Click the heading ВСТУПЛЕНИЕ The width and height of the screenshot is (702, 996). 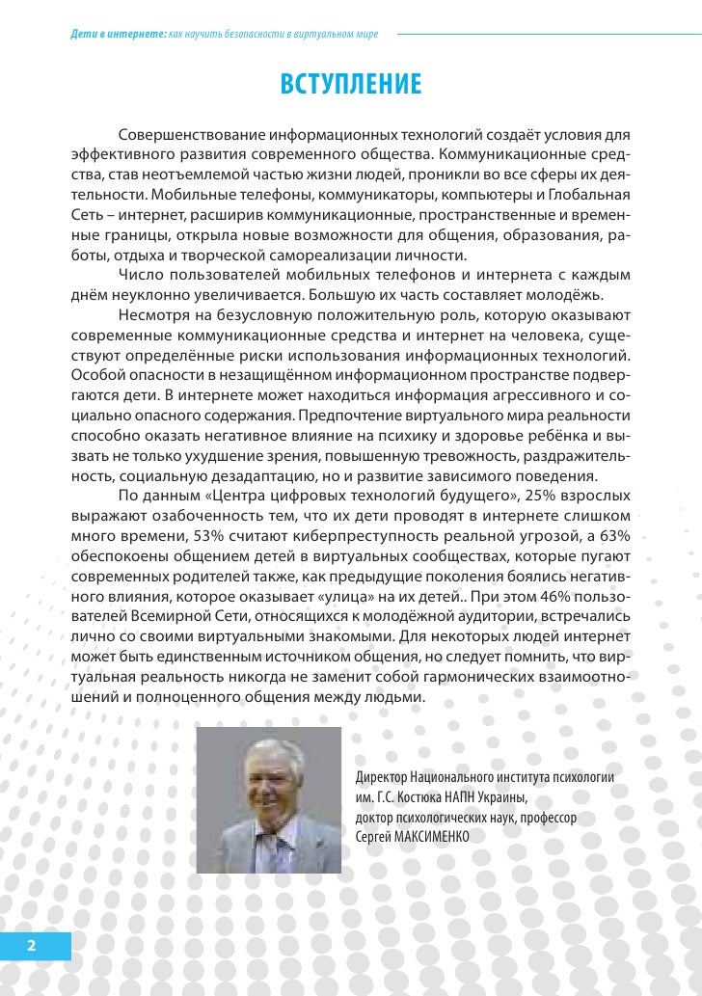click(351, 84)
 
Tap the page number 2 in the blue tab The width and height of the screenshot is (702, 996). click(32, 946)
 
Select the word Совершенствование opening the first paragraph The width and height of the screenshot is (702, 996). click(191, 132)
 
